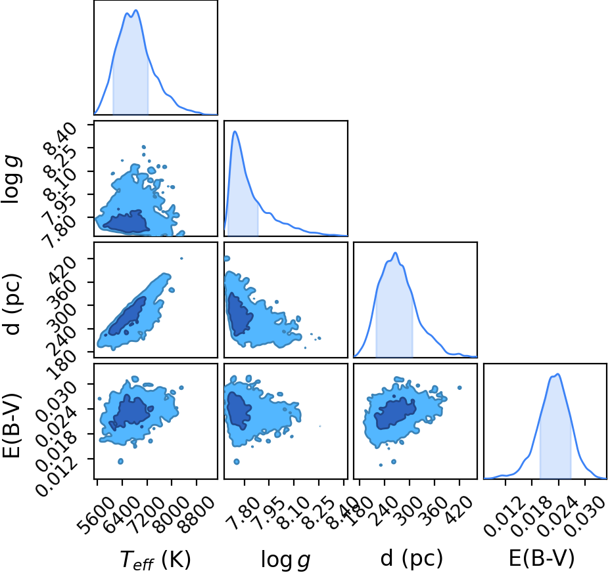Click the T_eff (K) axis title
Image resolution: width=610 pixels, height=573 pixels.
[156, 560]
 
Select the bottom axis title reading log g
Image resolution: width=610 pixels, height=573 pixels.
[285, 560]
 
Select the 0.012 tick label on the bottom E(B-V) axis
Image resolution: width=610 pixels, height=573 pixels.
[503, 515]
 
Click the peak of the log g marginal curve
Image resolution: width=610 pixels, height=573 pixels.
[235, 131]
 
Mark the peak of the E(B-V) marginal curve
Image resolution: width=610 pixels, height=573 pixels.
[558, 374]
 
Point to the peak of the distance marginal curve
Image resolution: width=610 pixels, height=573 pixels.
[395, 253]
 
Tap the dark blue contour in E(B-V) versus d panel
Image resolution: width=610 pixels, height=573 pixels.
[395, 414]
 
